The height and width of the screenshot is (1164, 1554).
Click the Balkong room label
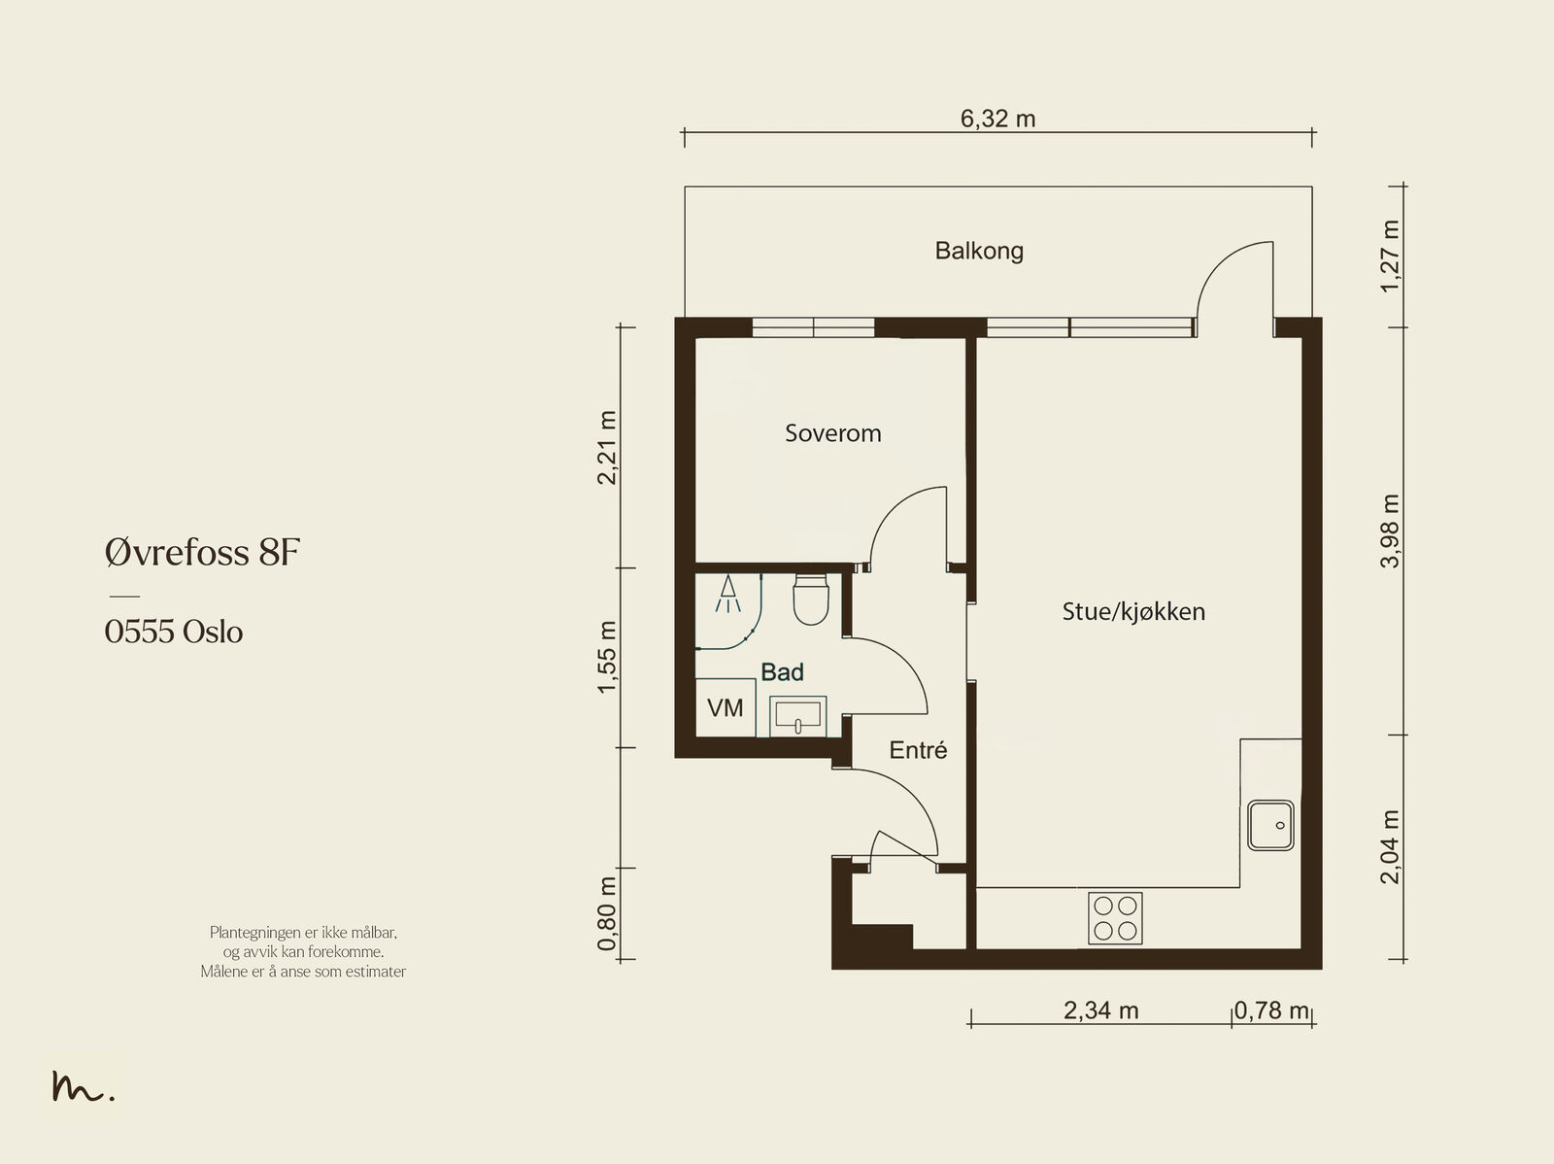979,252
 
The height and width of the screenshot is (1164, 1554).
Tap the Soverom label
833,433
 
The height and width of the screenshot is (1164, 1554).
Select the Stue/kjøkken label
1133,612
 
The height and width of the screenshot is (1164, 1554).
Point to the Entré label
918,750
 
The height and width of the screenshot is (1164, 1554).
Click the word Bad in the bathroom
782,672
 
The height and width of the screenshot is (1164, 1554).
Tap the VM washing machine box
726,707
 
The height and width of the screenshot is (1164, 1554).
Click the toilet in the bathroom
811,599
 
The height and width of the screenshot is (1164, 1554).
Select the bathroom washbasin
798,716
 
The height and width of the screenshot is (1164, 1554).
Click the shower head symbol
727,594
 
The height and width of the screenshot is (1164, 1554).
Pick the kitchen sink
1270,825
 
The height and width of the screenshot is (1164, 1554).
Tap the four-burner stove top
1115,917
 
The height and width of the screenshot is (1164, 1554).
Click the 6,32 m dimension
997,119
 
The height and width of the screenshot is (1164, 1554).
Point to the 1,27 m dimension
1391,257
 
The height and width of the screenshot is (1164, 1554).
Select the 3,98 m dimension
1391,531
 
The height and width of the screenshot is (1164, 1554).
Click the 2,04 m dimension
1391,847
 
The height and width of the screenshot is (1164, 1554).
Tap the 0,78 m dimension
1271,1010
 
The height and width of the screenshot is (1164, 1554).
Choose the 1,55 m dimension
607,657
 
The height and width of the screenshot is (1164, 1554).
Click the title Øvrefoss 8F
202,552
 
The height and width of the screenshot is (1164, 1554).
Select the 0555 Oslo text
174,632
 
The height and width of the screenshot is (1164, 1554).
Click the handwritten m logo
83,1085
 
